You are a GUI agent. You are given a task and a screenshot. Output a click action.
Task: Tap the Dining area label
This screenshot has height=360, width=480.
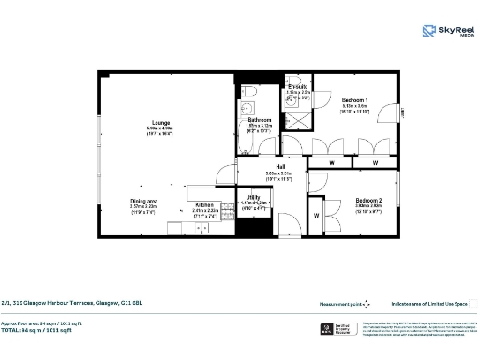click(143, 201)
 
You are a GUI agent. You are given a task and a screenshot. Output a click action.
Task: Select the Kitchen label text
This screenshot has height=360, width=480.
click(204, 204)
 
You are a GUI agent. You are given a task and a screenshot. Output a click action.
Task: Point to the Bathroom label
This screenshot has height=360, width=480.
click(260, 121)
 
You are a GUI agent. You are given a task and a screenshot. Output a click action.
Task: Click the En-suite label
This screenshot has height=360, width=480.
click(298, 86)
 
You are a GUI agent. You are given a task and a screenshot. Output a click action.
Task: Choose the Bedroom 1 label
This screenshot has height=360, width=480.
click(354, 99)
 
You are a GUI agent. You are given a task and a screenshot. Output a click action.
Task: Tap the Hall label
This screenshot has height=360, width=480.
click(280, 167)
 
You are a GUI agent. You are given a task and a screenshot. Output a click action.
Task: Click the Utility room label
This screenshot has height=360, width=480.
click(253, 197)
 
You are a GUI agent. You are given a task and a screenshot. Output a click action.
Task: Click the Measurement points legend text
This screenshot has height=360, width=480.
click(339, 304)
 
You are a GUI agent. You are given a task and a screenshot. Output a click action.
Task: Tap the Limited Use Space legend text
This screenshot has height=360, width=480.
click(428, 304)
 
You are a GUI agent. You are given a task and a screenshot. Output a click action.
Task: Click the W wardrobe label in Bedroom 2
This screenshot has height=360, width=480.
click(316, 216)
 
